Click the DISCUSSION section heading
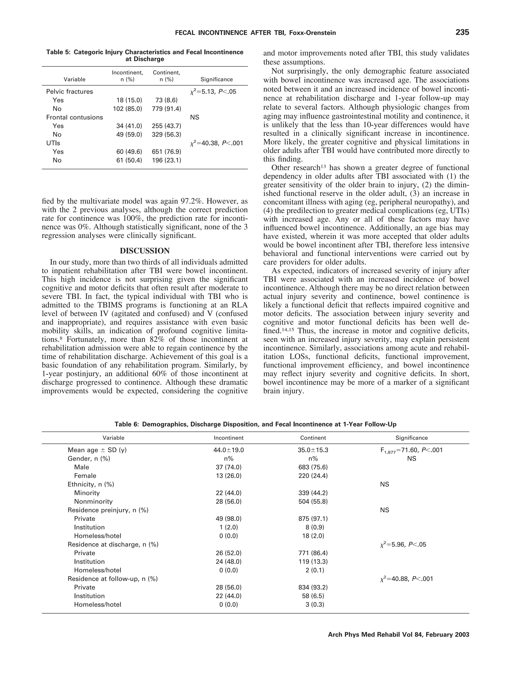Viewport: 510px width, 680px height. click(144, 251)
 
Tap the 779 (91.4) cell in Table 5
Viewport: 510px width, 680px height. click(166, 109)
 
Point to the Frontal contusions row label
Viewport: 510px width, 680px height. click(74, 118)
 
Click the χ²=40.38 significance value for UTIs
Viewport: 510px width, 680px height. click(216, 143)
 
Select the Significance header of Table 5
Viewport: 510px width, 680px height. click(216, 79)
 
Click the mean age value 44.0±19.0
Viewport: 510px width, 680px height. click(228, 450)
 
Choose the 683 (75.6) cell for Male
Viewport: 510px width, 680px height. click(313, 467)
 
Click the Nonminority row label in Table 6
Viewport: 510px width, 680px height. click(93, 501)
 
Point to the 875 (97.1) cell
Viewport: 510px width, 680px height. click(313, 519)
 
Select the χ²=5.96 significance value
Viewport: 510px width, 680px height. click(403, 545)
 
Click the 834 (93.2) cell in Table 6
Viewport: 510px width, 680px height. click(313, 587)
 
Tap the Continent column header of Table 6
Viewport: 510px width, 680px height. click(313, 438)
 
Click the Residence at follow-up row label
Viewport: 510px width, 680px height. click(113, 579)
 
